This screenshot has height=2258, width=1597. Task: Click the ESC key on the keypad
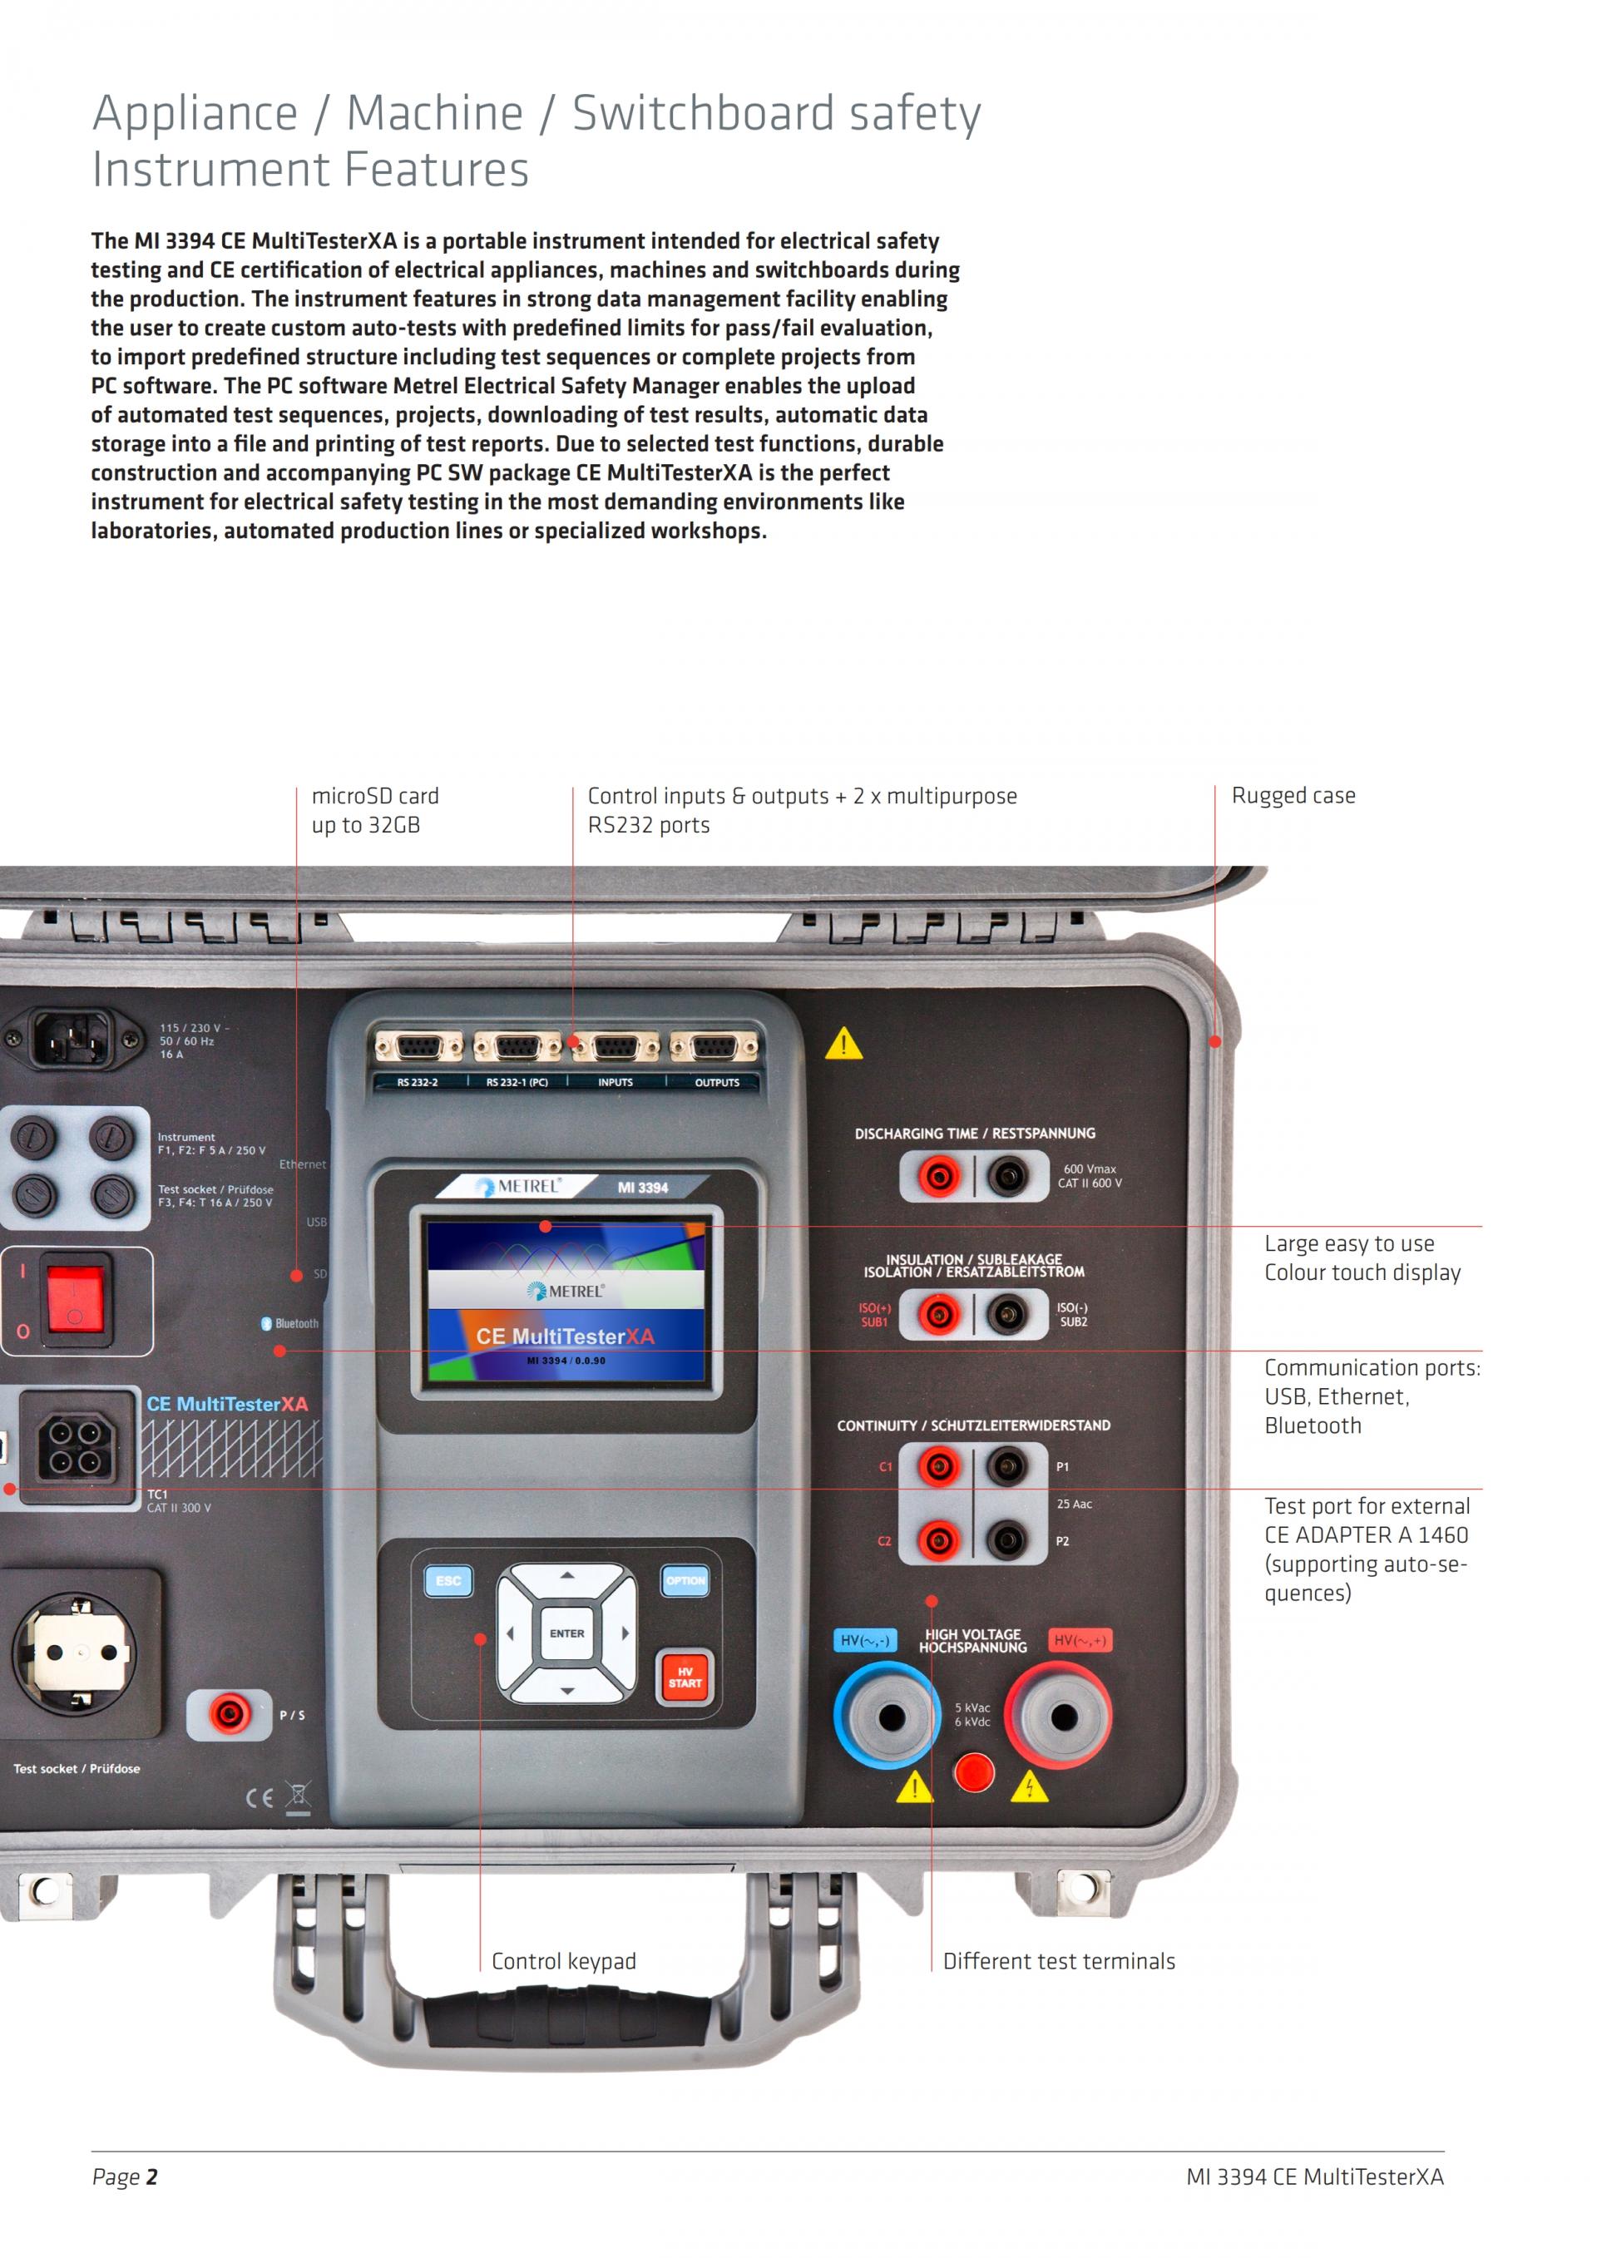448,1581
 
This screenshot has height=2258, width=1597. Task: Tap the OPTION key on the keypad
685,1581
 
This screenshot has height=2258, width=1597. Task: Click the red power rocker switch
75,1298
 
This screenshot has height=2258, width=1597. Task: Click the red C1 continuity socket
938,1467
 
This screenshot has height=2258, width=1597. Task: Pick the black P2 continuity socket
1007,1540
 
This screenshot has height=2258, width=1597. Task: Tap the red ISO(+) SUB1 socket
938,1314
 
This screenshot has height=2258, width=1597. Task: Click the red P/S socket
228,1715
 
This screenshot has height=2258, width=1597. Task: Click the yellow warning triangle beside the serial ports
843,1045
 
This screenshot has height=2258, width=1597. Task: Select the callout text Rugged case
1293,796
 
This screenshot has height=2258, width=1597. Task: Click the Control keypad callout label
563,1961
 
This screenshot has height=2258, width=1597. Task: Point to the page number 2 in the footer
151,2177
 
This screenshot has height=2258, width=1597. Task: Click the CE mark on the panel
260,1798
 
